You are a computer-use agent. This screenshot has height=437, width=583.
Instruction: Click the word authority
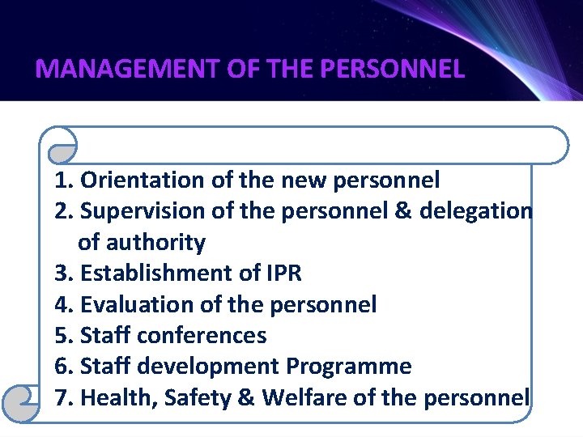point(155,243)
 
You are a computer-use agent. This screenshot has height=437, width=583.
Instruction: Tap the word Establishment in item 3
point(158,274)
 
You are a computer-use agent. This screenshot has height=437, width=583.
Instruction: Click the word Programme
point(349,367)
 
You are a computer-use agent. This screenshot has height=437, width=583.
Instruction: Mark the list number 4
point(62,305)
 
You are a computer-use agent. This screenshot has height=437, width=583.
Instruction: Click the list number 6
point(62,367)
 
